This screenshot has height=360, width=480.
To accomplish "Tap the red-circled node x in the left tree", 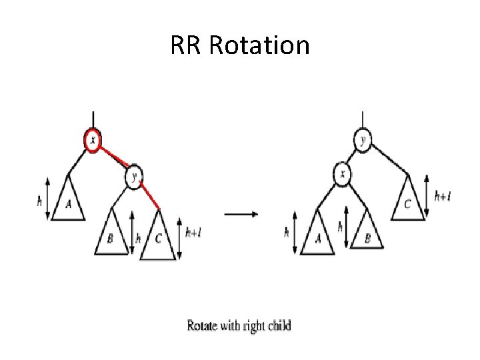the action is pos(93,140).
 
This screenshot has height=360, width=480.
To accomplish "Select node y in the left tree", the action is pos(134,177).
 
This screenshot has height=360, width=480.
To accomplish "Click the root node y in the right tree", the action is pos(363,140).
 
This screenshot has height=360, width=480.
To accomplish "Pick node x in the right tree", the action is pos(343,176).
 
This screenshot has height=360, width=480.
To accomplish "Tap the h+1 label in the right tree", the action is pos(442,196).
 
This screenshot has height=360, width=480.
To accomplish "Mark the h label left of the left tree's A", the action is pos(41,199).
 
